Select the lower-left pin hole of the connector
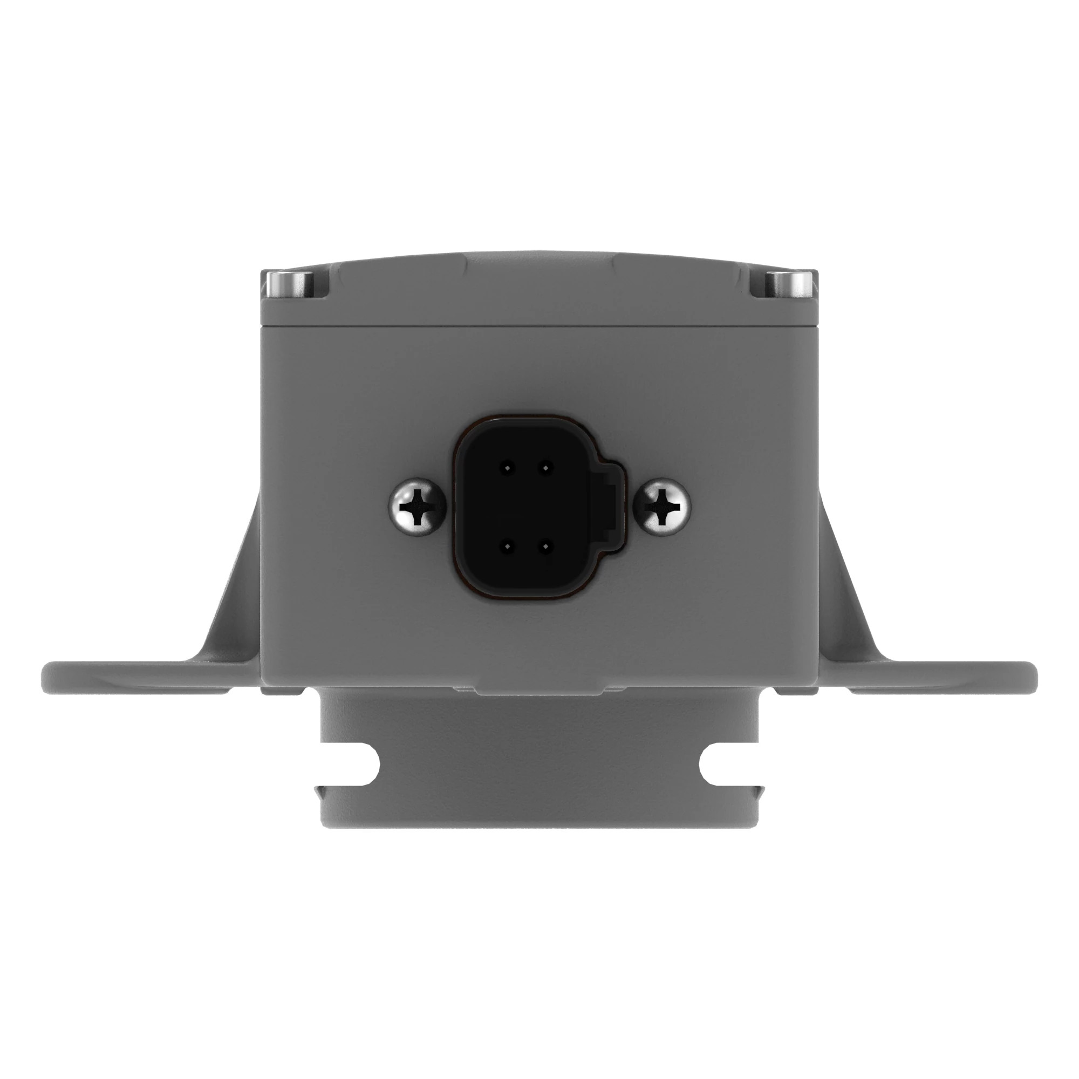pos(507,547)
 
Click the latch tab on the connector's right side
pos(612,507)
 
